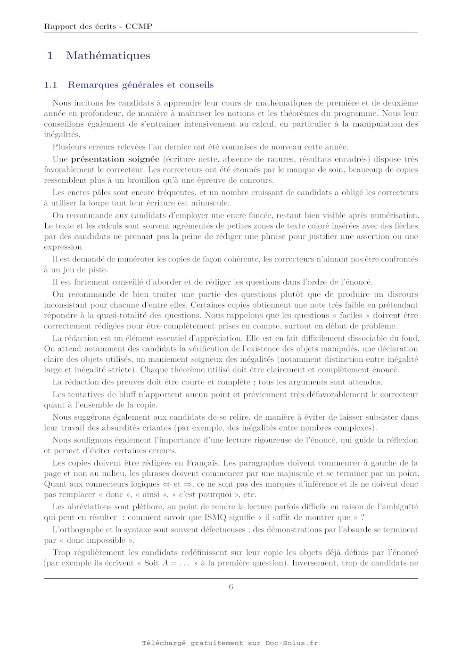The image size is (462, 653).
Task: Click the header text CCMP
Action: pos(139,26)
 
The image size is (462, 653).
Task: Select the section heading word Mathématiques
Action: pos(108,56)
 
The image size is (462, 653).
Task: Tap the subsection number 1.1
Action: pos(50,85)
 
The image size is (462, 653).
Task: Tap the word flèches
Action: pos(406,226)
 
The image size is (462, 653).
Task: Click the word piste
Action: pos(98,270)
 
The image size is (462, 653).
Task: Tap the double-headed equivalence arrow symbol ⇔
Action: pos(166,484)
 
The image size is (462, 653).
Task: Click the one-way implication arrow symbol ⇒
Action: pos(188,484)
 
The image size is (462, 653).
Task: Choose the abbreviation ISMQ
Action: pos(215,517)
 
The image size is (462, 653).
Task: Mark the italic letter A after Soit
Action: pos(165,563)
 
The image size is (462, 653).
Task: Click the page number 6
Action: pos(231,587)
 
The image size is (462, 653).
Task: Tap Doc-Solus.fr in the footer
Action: pos(291,643)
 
